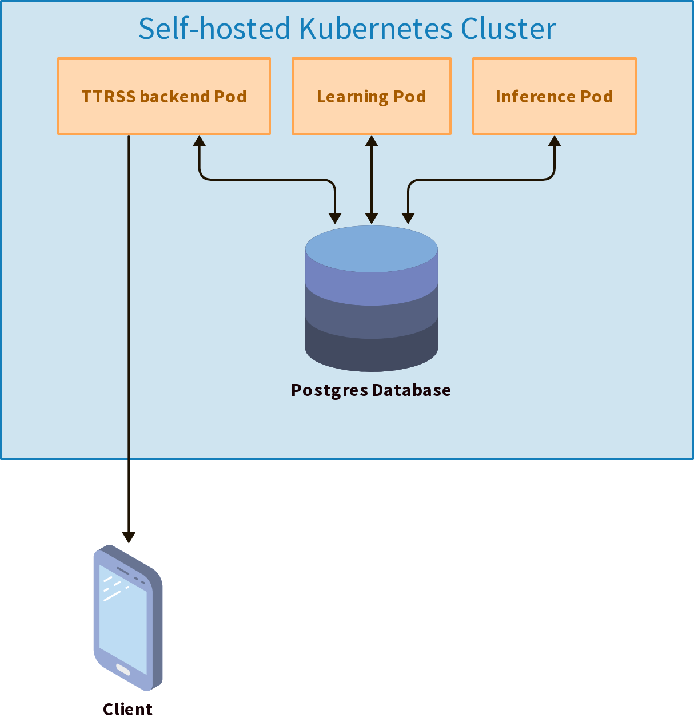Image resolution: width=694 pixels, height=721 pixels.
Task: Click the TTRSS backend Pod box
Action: click(164, 96)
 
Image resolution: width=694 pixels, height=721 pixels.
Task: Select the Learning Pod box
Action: click(371, 96)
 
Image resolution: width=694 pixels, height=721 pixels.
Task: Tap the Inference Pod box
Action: click(555, 96)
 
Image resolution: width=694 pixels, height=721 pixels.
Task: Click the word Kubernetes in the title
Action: click(376, 29)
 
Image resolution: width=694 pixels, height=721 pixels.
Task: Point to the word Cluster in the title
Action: click(508, 29)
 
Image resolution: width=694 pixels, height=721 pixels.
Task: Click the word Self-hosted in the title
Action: click(214, 29)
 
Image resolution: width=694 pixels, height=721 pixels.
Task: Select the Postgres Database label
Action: click(371, 390)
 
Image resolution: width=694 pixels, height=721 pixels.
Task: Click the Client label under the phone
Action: click(127, 709)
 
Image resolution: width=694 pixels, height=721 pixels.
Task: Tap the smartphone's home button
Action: click(123, 669)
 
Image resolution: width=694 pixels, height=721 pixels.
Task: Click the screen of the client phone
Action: click(123, 619)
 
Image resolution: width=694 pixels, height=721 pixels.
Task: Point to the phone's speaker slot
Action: click(123, 571)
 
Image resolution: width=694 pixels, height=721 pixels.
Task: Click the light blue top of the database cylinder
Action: click(371, 248)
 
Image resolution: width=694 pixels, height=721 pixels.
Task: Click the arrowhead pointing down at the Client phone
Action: click(129, 537)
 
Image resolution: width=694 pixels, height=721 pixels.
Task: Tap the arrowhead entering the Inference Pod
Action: click(555, 141)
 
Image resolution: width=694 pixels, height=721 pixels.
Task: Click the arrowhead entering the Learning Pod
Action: click(371, 141)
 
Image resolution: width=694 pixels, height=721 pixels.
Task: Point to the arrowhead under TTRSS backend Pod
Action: click(199, 141)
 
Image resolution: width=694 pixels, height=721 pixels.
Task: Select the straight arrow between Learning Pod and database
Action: click(371, 180)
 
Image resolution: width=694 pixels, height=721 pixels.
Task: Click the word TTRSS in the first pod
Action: click(109, 96)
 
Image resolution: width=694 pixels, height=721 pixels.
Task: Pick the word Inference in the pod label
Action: click(535, 96)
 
